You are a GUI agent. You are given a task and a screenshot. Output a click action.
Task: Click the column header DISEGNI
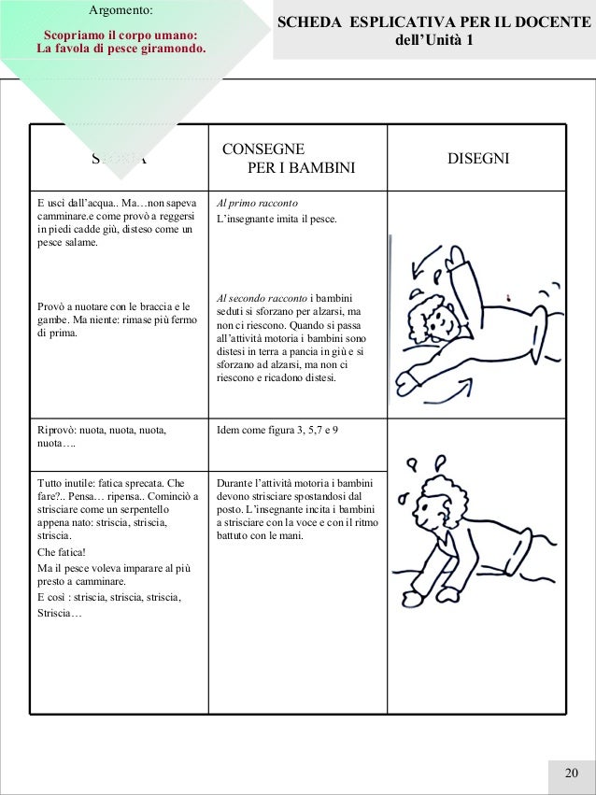click(478, 160)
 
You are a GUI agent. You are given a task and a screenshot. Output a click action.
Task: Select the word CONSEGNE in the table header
click(263, 149)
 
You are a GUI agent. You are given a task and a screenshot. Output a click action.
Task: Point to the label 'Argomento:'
click(120, 11)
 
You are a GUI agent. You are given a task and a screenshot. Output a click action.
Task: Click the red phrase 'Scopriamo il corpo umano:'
click(120, 35)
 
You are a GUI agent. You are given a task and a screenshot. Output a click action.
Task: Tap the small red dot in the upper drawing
click(507, 297)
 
